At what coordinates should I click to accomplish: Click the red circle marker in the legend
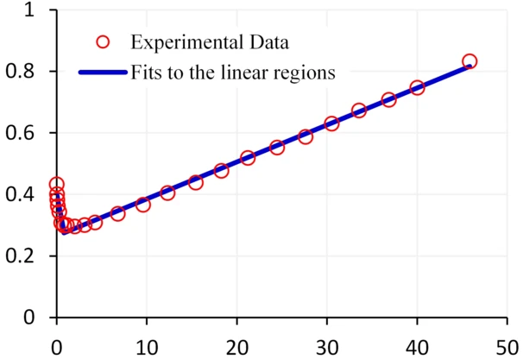pos(103,41)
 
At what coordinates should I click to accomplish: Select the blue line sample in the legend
pos(103,73)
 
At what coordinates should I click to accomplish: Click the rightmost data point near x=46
pos(469,61)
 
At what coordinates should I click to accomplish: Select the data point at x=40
pos(417,87)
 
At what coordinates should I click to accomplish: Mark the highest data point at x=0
pos(57,184)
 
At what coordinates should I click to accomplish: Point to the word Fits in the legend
pos(145,73)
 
